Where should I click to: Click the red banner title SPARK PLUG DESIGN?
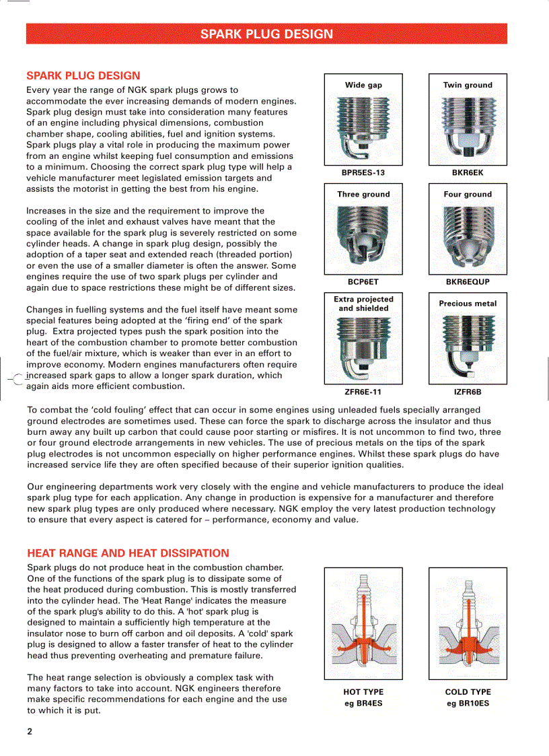pyautogui.click(x=266, y=34)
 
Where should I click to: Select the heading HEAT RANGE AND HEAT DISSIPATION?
pyautogui.click(x=128, y=553)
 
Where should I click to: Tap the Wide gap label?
pyautogui.click(x=363, y=85)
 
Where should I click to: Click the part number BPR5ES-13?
pyautogui.click(x=363, y=173)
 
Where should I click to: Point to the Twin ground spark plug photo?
pyautogui.click(x=468, y=128)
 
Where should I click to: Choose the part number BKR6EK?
pyautogui.click(x=468, y=173)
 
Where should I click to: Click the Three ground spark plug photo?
pyautogui.click(x=363, y=238)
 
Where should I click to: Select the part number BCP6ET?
pyautogui.click(x=363, y=282)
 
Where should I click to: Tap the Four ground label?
pyautogui.click(x=468, y=194)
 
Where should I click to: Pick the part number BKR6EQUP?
pyautogui.click(x=468, y=282)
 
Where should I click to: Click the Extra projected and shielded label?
pyautogui.click(x=363, y=304)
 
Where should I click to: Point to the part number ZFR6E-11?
pyautogui.click(x=363, y=392)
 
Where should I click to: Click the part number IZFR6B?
pyautogui.click(x=468, y=392)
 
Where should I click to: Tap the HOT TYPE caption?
pyautogui.click(x=363, y=692)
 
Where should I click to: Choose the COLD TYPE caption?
pyautogui.click(x=468, y=692)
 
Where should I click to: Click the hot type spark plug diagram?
pyautogui.click(x=363, y=623)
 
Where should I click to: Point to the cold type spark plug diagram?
pyautogui.click(x=468, y=623)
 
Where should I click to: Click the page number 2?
pyautogui.click(x=30, y=731)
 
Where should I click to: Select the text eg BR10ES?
pyautogui.click(x=468, y=703)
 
